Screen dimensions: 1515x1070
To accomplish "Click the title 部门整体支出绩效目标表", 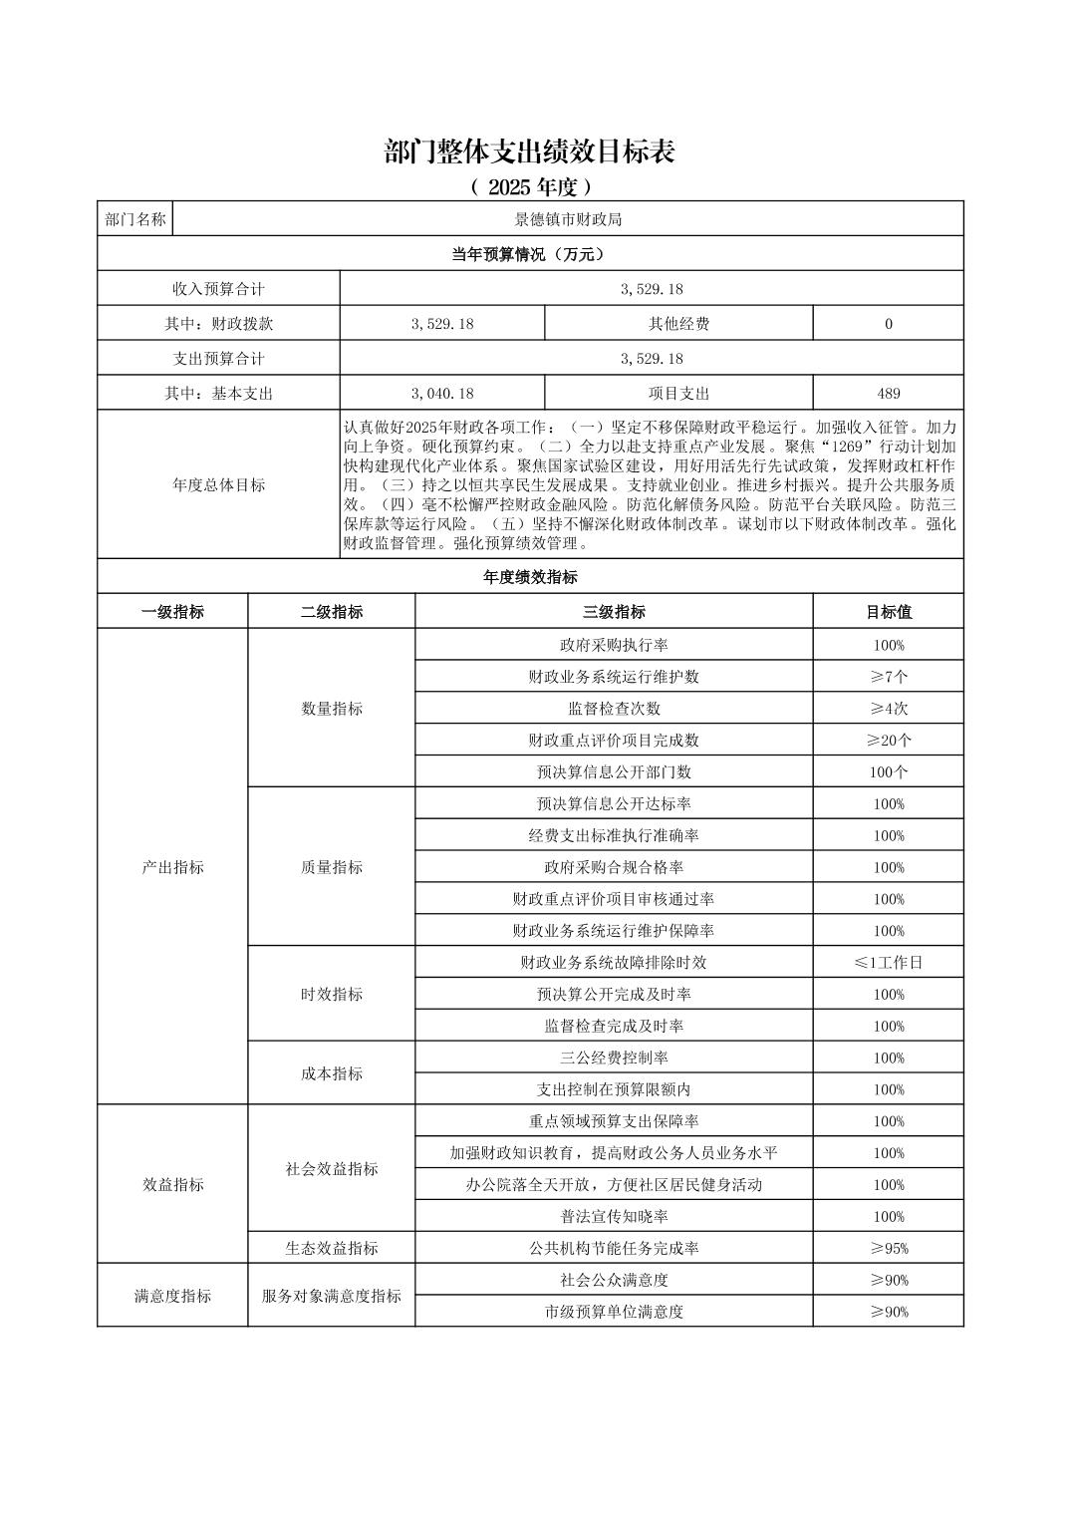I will [x=530, y=152].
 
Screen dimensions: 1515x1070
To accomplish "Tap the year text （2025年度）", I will [x=530, y=186].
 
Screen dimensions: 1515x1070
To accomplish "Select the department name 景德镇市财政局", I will [x=568, y=219].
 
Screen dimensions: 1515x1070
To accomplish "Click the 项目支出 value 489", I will [x=888, y=394].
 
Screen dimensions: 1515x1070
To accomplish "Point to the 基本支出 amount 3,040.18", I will [x=442, y=394].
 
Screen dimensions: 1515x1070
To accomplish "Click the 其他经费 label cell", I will [x=678, y=324].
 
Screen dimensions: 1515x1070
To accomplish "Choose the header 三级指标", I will [x=614, y=612].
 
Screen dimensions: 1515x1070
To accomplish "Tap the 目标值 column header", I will [x=888, y=612].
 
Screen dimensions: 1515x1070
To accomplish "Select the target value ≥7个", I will [x=888, y=677].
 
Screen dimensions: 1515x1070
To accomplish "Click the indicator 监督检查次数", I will [x=614, y=709].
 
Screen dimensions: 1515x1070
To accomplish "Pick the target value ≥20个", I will [x=888, y=741].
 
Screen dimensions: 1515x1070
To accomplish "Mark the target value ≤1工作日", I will [x=888, y=963].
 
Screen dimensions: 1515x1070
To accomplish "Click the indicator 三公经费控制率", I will [x=614, y=1058].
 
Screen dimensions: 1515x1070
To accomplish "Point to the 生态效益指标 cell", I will [x=332, y=1248].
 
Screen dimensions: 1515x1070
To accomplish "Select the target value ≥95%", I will [x=888, y=1248].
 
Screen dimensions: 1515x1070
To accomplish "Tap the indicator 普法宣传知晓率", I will [x=614, y=1216].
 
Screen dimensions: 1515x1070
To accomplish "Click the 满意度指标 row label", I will [x=172, y=1296].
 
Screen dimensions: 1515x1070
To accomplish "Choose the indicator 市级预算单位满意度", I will [x=614, y=1312].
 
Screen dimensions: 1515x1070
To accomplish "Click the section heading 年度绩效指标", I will [x=530, y=577].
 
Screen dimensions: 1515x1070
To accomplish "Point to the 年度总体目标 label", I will [x=218, y=485].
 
